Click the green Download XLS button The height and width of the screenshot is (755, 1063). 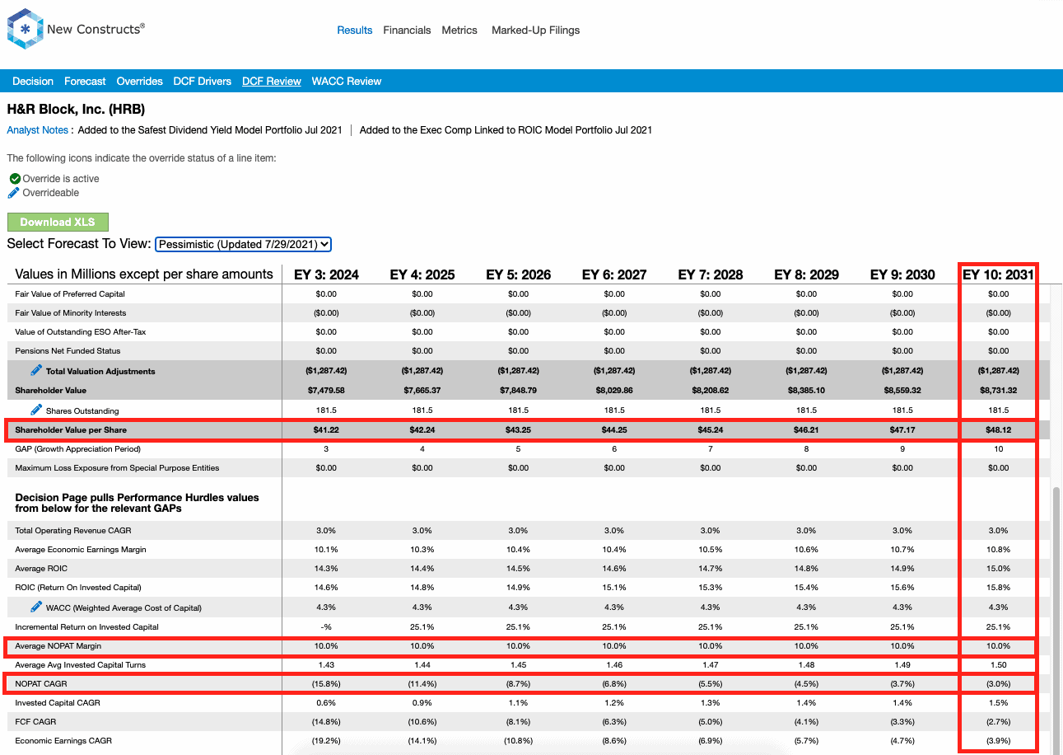pyautogui.click(x=58, y=222)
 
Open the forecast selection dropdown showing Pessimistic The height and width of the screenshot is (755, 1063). pyautogui.click(x=243, y=244)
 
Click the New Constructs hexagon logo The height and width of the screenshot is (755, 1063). pyautogui.click(x=25, y=29)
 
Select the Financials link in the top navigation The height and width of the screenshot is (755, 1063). pyautogui.click(x=407, y=30)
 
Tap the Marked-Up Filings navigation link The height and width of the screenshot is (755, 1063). pyautogui.click(x=535, y=30)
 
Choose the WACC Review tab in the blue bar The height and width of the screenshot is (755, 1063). pyautogui.click(x=347, y=82)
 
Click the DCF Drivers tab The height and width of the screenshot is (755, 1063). pyautogui.click(x=203, y=82)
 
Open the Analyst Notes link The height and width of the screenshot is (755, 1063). pyautogui.click(x=38, y=130)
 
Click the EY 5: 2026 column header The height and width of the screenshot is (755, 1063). pyautogui.click(x=518, y=274)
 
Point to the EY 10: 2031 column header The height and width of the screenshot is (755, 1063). pyautogui.click(x=998, y=274)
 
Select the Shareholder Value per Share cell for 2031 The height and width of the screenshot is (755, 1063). pyautogui.click(x=999, y=430)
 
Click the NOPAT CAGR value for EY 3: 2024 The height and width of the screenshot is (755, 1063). pyautogui.click(x=326, y=684)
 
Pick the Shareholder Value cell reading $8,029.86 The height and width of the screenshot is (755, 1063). pyautogui.click(x=614, y=391)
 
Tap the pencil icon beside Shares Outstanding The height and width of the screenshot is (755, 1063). pyautogui.click(x=36, y=410)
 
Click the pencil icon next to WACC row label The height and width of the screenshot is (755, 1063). pyautogui.click(x=36, y=607)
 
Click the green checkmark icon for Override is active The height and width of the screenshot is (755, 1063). pyautogui.click(x=15, y=179)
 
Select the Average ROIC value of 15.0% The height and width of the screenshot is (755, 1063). pyautogui.click(x=999, y=568)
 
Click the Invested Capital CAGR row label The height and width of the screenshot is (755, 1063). pyautogui.click(x=58, y=703)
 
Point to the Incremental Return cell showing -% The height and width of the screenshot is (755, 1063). pyautogui.click(x=326, y=627)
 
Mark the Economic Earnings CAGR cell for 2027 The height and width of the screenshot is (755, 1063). pyautogui.click(x=614, y=741)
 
